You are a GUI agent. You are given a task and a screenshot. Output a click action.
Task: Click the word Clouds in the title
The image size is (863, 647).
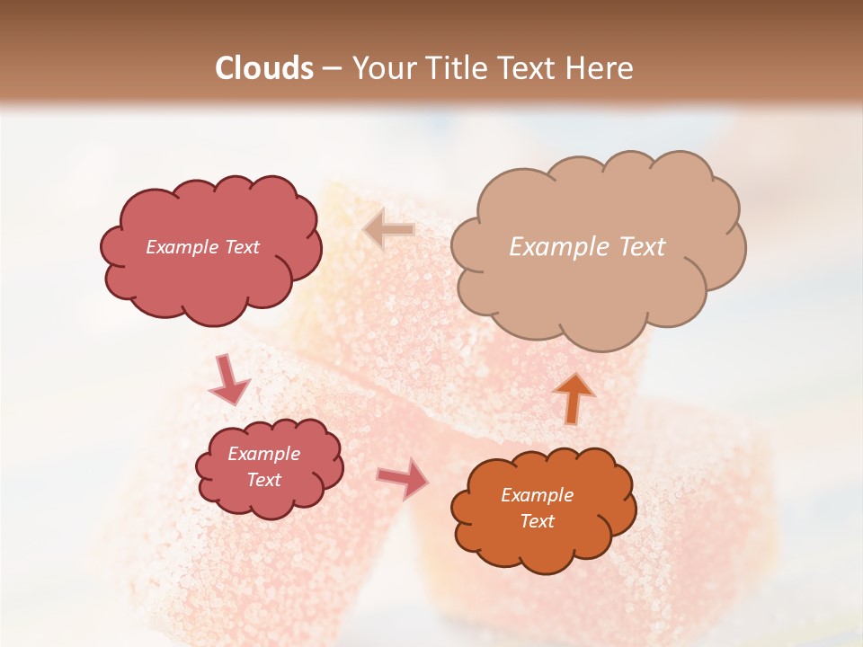tap(264, 68)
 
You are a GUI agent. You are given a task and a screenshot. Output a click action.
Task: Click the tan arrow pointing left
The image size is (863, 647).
tap(388, 230)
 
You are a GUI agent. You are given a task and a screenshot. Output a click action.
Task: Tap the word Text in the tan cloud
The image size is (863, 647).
tap(642, 247)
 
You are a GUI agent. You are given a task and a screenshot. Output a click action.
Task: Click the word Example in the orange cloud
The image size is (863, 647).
tap(537, 495)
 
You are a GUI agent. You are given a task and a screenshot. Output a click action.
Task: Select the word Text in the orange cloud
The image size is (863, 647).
tap(537, 521)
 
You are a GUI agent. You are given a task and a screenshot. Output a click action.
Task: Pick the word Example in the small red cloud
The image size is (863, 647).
tap(263, 454)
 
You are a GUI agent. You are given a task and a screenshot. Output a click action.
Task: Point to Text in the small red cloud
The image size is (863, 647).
tap(263, 480)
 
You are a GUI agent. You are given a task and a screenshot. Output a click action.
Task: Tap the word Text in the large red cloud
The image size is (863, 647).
tap(242, 247)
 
